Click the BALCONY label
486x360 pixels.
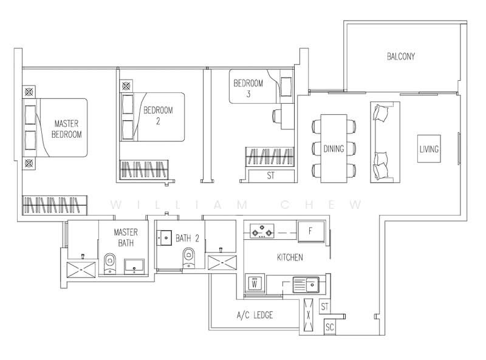click(x=400, y=56)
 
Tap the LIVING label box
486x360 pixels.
click(x=429, y=149)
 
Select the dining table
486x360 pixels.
click(x=334, y=148)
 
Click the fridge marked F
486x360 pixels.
click(x=311, y=231)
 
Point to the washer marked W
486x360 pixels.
click(x=255, y=283)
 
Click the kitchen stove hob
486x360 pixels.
click(x=262, y=231)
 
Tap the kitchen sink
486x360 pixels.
click(x=306, y=284)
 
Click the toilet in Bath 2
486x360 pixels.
click(x=189, y=257)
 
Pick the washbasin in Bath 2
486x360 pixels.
click(x=164, y=237)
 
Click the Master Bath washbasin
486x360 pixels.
click(x=134, y=267)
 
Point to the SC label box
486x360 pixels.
click(x=330, y=327)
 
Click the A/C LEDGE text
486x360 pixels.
click(x=255, y=315)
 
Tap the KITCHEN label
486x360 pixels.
click(x=290, y=257)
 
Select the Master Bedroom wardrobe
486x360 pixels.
click(x=55, y=205)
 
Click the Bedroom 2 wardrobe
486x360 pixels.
click(x=144, y=169)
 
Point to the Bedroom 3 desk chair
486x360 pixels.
click(x=276, y=116)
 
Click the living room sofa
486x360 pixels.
click(x=385, y=142)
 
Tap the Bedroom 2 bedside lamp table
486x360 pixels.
click(x=126, y=86)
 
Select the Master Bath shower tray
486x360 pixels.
click(x=81, y=270)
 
